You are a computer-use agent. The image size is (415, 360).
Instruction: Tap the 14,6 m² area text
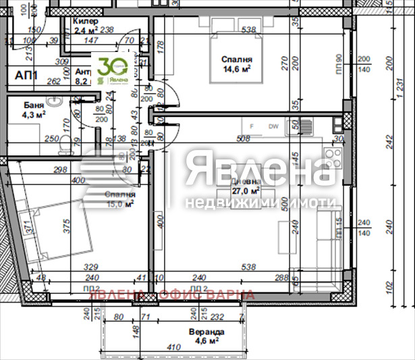(x=237, y=70)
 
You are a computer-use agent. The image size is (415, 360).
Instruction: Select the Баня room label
(x=34, y=105)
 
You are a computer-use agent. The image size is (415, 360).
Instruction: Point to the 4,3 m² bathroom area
(x=34, y=115)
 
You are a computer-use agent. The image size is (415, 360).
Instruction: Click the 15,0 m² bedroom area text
(x=119, y=202)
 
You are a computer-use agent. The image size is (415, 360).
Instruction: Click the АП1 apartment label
(x=27, y=75)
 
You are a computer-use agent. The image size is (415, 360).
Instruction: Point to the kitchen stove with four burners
(x=333, y=157)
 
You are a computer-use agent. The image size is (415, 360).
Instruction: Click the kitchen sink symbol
(x=306, y=126)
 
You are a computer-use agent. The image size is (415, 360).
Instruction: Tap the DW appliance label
(x=273, y=126)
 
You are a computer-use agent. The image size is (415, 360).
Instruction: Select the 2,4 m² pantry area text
(x=86, y=30)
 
